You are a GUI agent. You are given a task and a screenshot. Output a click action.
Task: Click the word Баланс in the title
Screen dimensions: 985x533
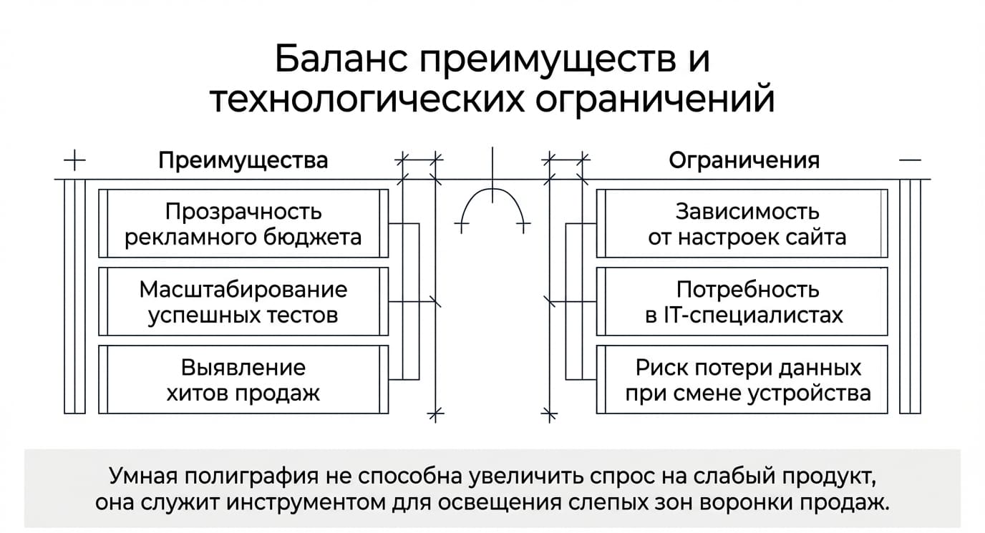[341, 59]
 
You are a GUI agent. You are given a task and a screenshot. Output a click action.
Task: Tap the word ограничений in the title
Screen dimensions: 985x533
[655, 99]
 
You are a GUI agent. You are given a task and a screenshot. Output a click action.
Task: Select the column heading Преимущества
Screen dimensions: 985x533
[243, 160]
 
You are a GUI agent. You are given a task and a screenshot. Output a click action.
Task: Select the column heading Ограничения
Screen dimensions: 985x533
[744, 160]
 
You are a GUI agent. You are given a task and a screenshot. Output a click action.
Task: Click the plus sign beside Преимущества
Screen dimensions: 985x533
[74, 160]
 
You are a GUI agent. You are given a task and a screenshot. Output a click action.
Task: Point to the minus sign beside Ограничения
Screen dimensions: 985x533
[910, 160]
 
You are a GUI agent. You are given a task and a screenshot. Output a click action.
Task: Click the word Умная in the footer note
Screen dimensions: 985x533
[142, 476]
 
